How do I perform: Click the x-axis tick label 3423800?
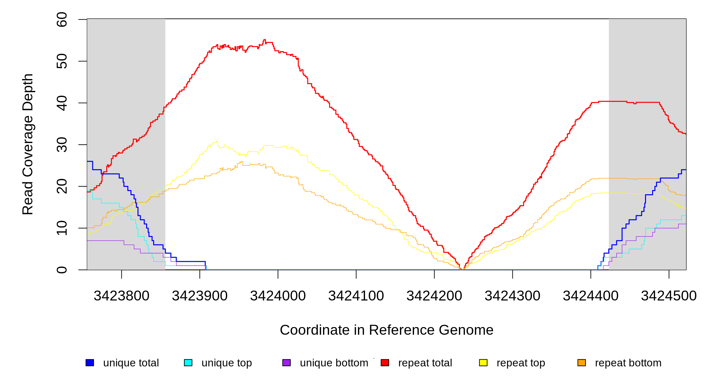tap(121, 296)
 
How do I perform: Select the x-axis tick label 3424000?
tap(278, 296)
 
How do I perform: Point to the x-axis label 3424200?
tap(434, 296)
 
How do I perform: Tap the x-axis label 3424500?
tap(668, 296)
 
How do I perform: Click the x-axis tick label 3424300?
tap(512, 296)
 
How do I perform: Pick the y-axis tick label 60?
tap(62, 20)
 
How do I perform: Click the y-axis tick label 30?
tap(62, 145)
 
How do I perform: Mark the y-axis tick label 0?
tap(62, 270)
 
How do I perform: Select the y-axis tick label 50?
tap(62, 61)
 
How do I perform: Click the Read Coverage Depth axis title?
tap(28, 144)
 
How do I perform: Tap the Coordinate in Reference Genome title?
tap(386, 330)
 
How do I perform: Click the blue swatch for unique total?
tap(90, 363)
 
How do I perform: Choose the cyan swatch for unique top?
tap(188, 363)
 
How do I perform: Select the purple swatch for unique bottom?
tap(286, 363)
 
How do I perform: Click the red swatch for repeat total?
tap(385, 363)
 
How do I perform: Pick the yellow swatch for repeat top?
tap(483, 363)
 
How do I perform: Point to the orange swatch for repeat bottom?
tap(582, 363)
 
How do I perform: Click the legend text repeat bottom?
tap(628, 363)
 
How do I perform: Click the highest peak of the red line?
tap(264, 40)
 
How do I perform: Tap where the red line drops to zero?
tap(462, 269)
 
